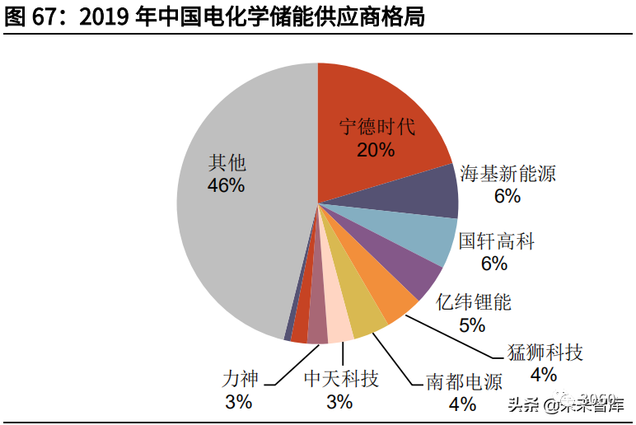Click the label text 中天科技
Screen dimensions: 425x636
[341, 380]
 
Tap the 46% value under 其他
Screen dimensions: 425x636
[226, 185]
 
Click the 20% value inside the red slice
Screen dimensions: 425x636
[376, 150]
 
